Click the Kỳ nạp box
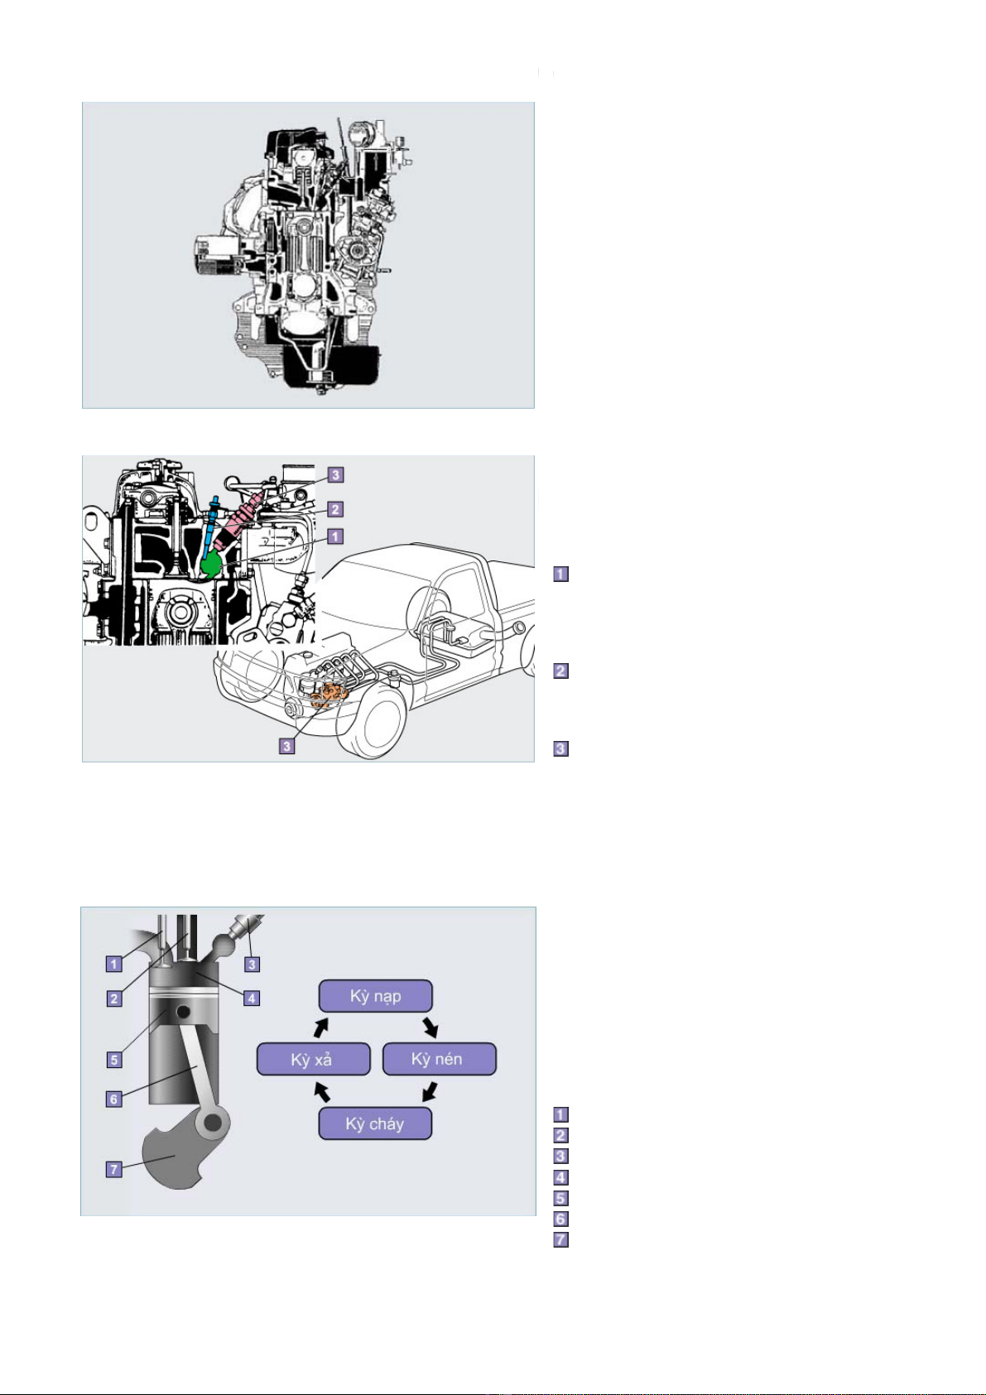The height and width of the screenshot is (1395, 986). pyautogui.click(x=375, y=996)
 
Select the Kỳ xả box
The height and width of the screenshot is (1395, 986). pyautogui.click(x=313, y=1059)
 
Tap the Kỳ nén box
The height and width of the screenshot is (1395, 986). pyautogui.click(x=439, y=1059)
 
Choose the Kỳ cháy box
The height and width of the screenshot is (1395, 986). pyautogui.click(x=375, y=1123)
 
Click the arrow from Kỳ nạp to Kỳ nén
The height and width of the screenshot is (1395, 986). pyautogui.click(x=430, y=1027)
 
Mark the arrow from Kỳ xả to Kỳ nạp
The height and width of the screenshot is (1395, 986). pyautogui.click(x=320, y=1027)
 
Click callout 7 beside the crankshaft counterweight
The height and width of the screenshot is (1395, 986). pyautogui.click(x=113, y=1169)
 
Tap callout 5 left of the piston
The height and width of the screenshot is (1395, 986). pyautogui.click(x=114, y=1060)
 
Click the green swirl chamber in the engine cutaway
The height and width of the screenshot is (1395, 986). pyautogui.click(x=212, y=563)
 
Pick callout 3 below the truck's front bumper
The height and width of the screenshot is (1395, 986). pyautogui.click(x=286, y=745)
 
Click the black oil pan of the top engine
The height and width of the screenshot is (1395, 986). pyautogui.click(x=331, y=368)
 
